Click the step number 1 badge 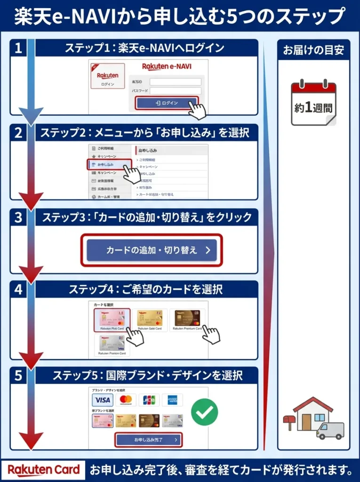click(18, 48)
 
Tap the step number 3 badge click(18, 217)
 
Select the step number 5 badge click(18, 376)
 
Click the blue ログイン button click(167, 103)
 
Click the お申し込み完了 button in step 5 click(148, 440)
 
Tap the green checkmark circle click(204, 412)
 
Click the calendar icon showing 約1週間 click(313, 104)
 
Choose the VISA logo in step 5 click(102, 400)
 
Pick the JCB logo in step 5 click(148, 400)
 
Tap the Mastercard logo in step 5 click(125, 400)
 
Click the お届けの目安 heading click(313, 50)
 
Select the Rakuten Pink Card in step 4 click(112, 320)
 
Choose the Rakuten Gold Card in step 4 click(150, 320)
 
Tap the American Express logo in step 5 click(172, 400)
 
